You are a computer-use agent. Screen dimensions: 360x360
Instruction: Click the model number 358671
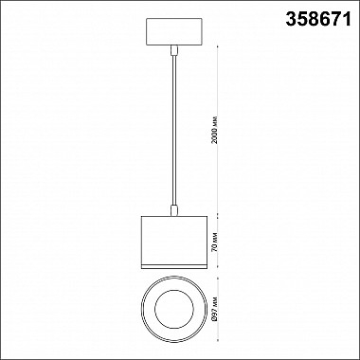(x=318, y=19)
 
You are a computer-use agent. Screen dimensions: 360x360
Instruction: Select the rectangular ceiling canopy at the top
(x=174, y=31)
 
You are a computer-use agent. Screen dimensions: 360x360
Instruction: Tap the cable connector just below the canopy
(x=174, y=50)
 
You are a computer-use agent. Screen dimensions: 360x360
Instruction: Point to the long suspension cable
(x=173, y=130)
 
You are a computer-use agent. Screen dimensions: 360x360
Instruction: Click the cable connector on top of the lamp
(x=174, y=210)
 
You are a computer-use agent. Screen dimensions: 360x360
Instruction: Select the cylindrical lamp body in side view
(x=174, y=243)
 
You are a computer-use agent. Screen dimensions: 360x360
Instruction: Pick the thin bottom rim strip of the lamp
(x=174, y=266)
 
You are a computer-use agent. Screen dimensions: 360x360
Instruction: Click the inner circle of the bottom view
(x=174, y=309)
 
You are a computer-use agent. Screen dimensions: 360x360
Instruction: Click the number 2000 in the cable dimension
(x=215, y=136)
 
